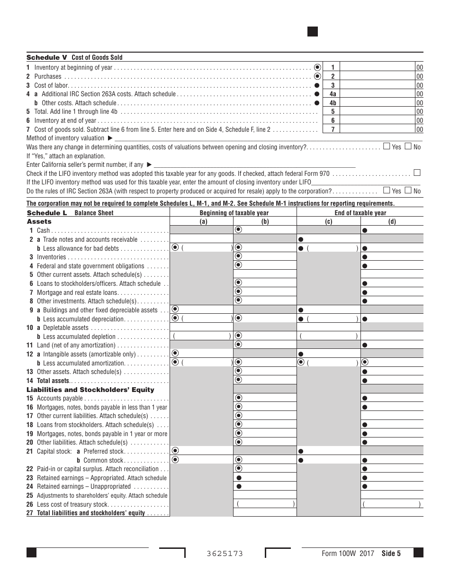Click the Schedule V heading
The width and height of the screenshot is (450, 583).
[74, 57]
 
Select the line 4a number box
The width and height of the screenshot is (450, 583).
[333, 94]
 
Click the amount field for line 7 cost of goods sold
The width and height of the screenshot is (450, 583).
[378, 129]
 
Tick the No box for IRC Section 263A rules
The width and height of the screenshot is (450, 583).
[408, 191]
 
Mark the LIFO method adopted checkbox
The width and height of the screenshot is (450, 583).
[417, 173]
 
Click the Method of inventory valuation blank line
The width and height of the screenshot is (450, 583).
[265, 138]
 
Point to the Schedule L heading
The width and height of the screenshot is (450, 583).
[70, 213]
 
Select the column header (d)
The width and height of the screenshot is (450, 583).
[392, 221]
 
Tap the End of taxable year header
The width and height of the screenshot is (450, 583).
[360, 213]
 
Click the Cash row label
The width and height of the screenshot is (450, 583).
[43, 230]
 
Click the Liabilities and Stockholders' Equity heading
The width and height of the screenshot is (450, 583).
[90, 390]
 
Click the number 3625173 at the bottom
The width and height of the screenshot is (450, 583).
[225, 554]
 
